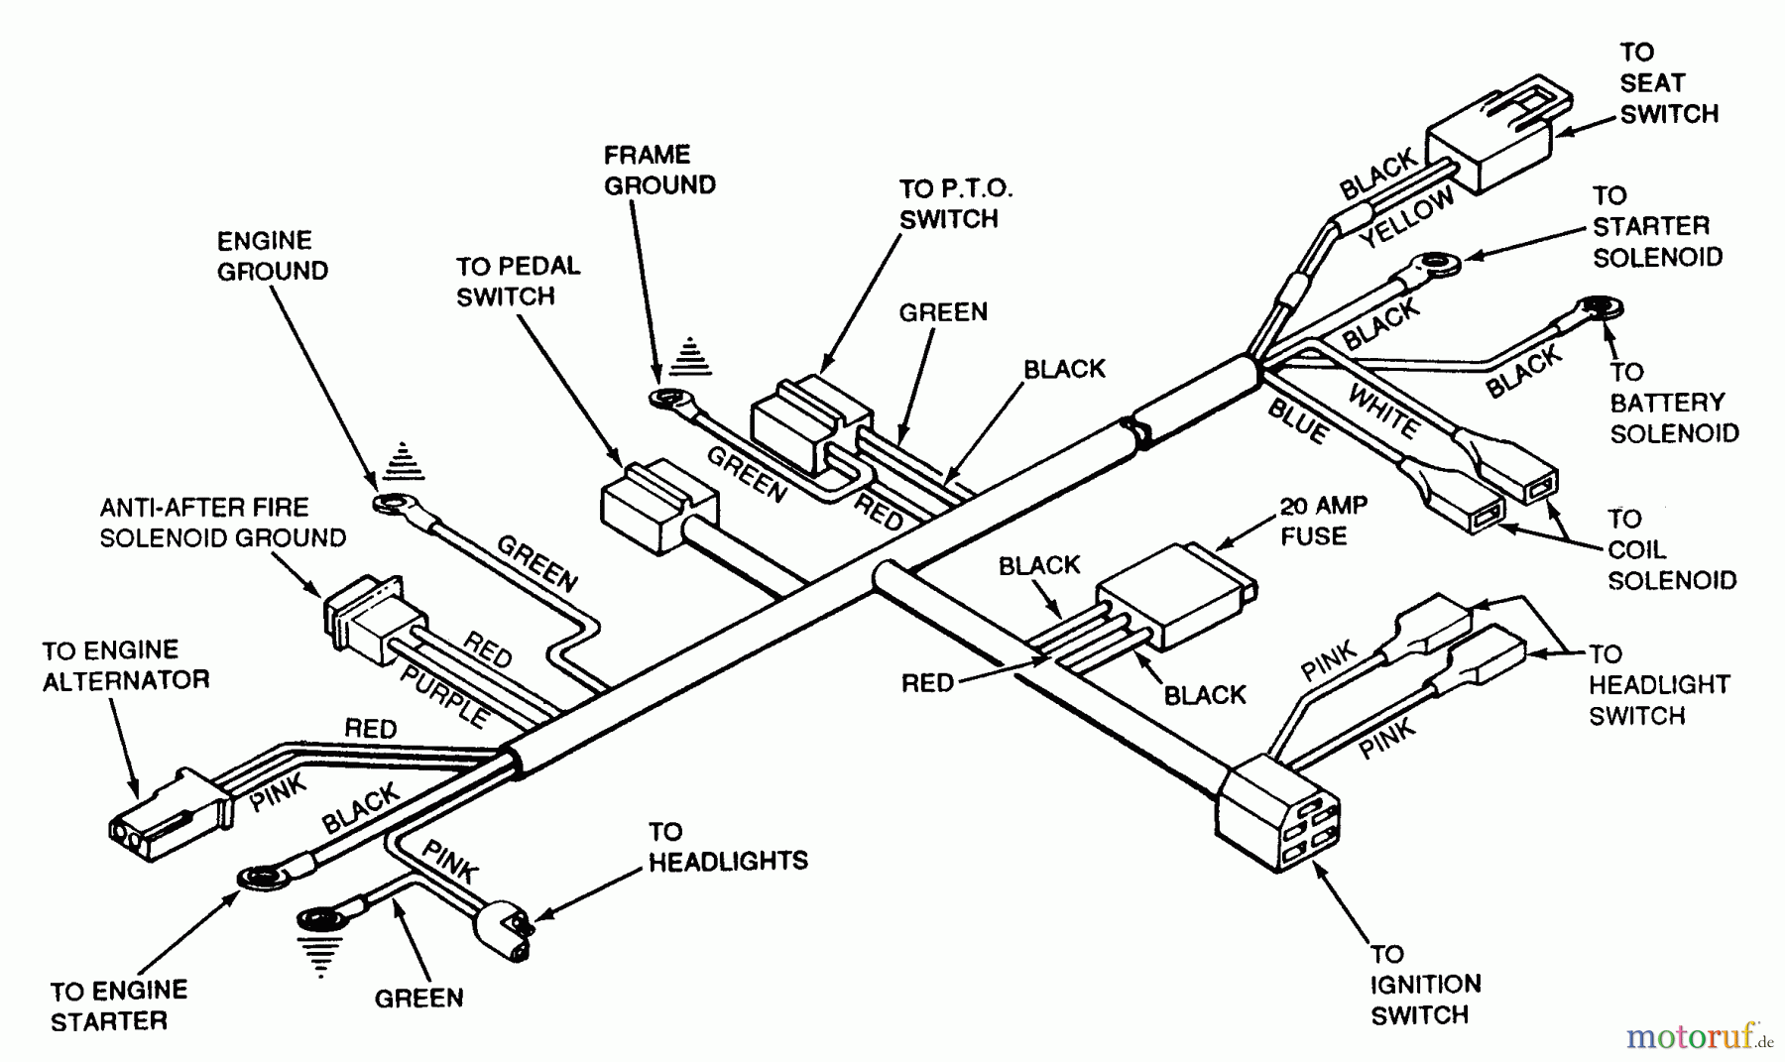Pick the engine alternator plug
164,813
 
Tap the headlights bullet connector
504,930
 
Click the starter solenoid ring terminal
1435,265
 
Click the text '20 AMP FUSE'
1323,522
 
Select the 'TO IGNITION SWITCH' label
1425,985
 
